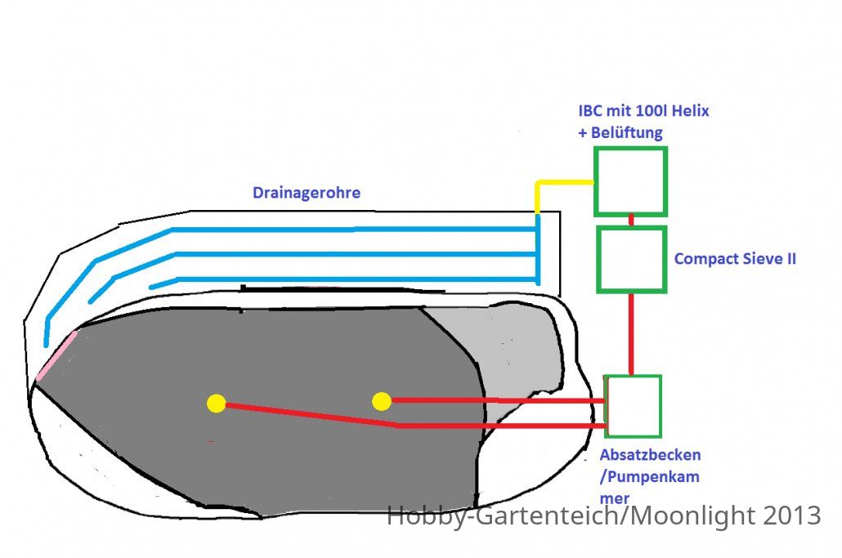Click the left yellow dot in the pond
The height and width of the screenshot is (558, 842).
pos(217,404)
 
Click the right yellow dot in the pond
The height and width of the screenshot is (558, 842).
pos(381,401)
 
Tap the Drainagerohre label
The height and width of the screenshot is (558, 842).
pos(306,193)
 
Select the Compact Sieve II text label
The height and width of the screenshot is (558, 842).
pos(735,259)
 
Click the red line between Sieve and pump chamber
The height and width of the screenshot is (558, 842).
pos(631,333)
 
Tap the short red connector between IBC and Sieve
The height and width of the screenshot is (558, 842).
pos(631,221)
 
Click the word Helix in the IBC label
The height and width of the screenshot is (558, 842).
pos(690,110)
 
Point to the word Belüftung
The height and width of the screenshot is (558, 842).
pos(627,132)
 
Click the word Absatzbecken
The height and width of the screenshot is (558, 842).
pos(650,455)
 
